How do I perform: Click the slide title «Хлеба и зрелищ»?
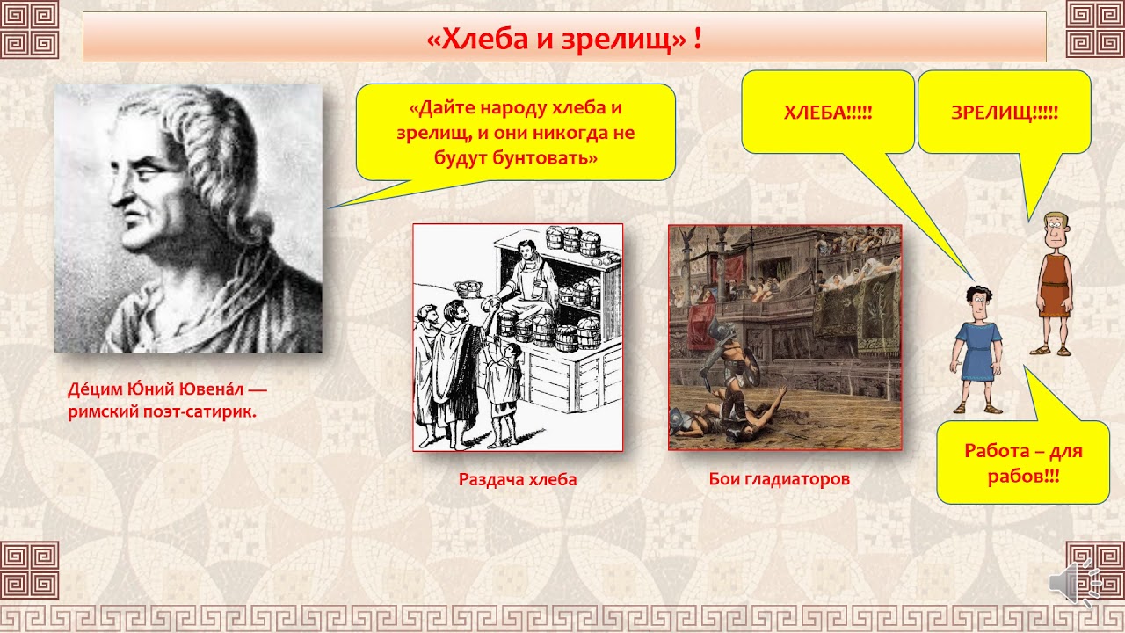[x=563, y=39]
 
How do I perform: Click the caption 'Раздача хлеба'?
[x=517, y=479]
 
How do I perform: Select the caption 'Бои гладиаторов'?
[x=779, y=479]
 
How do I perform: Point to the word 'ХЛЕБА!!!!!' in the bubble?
[x=827, y=113]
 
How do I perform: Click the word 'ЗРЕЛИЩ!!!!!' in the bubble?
[x=1004, y=113]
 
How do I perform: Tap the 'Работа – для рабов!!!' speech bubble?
[x=1022, y=462]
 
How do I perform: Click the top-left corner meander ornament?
[x=29, y=29]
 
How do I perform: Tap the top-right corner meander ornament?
[x=1094, y=29]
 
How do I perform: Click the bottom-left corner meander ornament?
[x=29, y=570]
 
